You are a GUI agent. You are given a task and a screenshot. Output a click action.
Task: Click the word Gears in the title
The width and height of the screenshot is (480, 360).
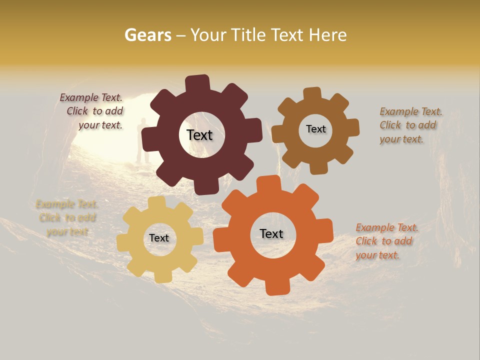click(147, 35)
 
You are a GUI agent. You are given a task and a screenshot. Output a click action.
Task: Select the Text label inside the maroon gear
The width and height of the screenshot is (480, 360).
click(199, 135)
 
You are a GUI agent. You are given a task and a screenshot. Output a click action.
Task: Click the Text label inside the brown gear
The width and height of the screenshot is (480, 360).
click(315, 129)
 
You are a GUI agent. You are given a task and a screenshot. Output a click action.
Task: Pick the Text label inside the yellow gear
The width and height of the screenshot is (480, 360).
click(159, 238)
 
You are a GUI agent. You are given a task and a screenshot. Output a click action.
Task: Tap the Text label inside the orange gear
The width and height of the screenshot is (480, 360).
click(271, 233)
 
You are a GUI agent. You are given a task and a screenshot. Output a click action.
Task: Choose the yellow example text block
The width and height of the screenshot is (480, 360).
click(67, 217)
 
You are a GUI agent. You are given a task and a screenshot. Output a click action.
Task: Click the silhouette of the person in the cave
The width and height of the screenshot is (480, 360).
click(142, 140)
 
